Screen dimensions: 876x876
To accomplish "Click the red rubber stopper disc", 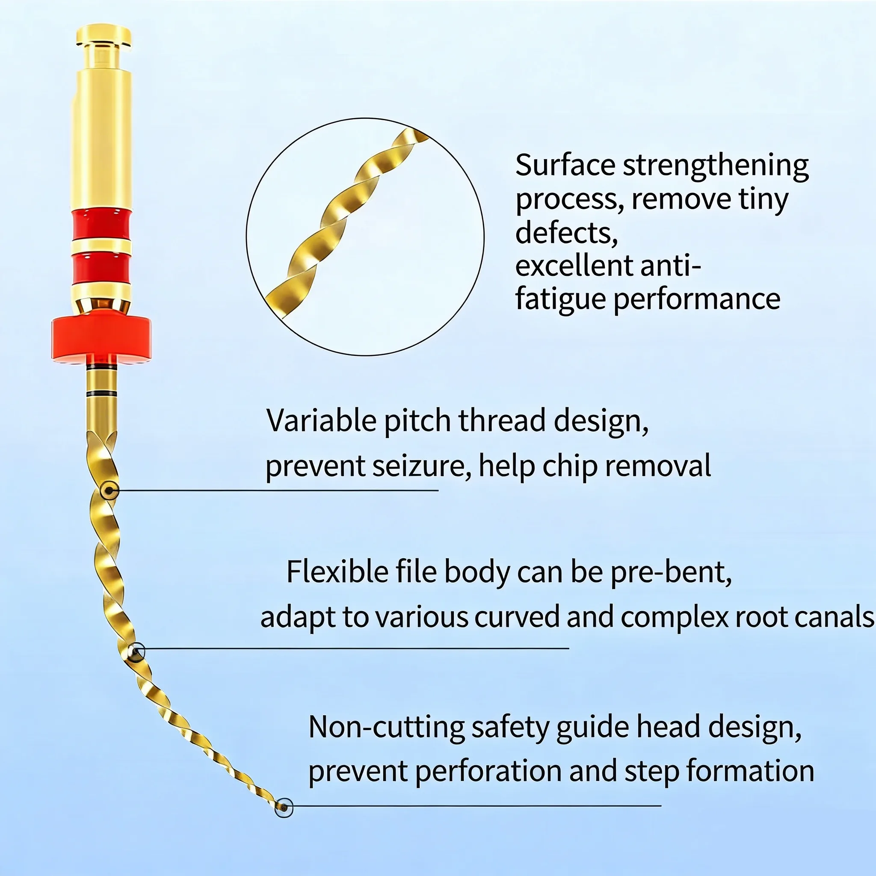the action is pos(101,337).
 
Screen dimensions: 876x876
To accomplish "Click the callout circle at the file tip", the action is pos(284,808).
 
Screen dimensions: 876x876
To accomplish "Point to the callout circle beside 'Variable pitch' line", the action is pos(109,491).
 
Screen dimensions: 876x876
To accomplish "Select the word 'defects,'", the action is pos(567,232).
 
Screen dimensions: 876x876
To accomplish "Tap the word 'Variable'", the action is pos(321,420).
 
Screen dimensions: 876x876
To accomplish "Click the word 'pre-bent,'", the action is pos(671,573).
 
